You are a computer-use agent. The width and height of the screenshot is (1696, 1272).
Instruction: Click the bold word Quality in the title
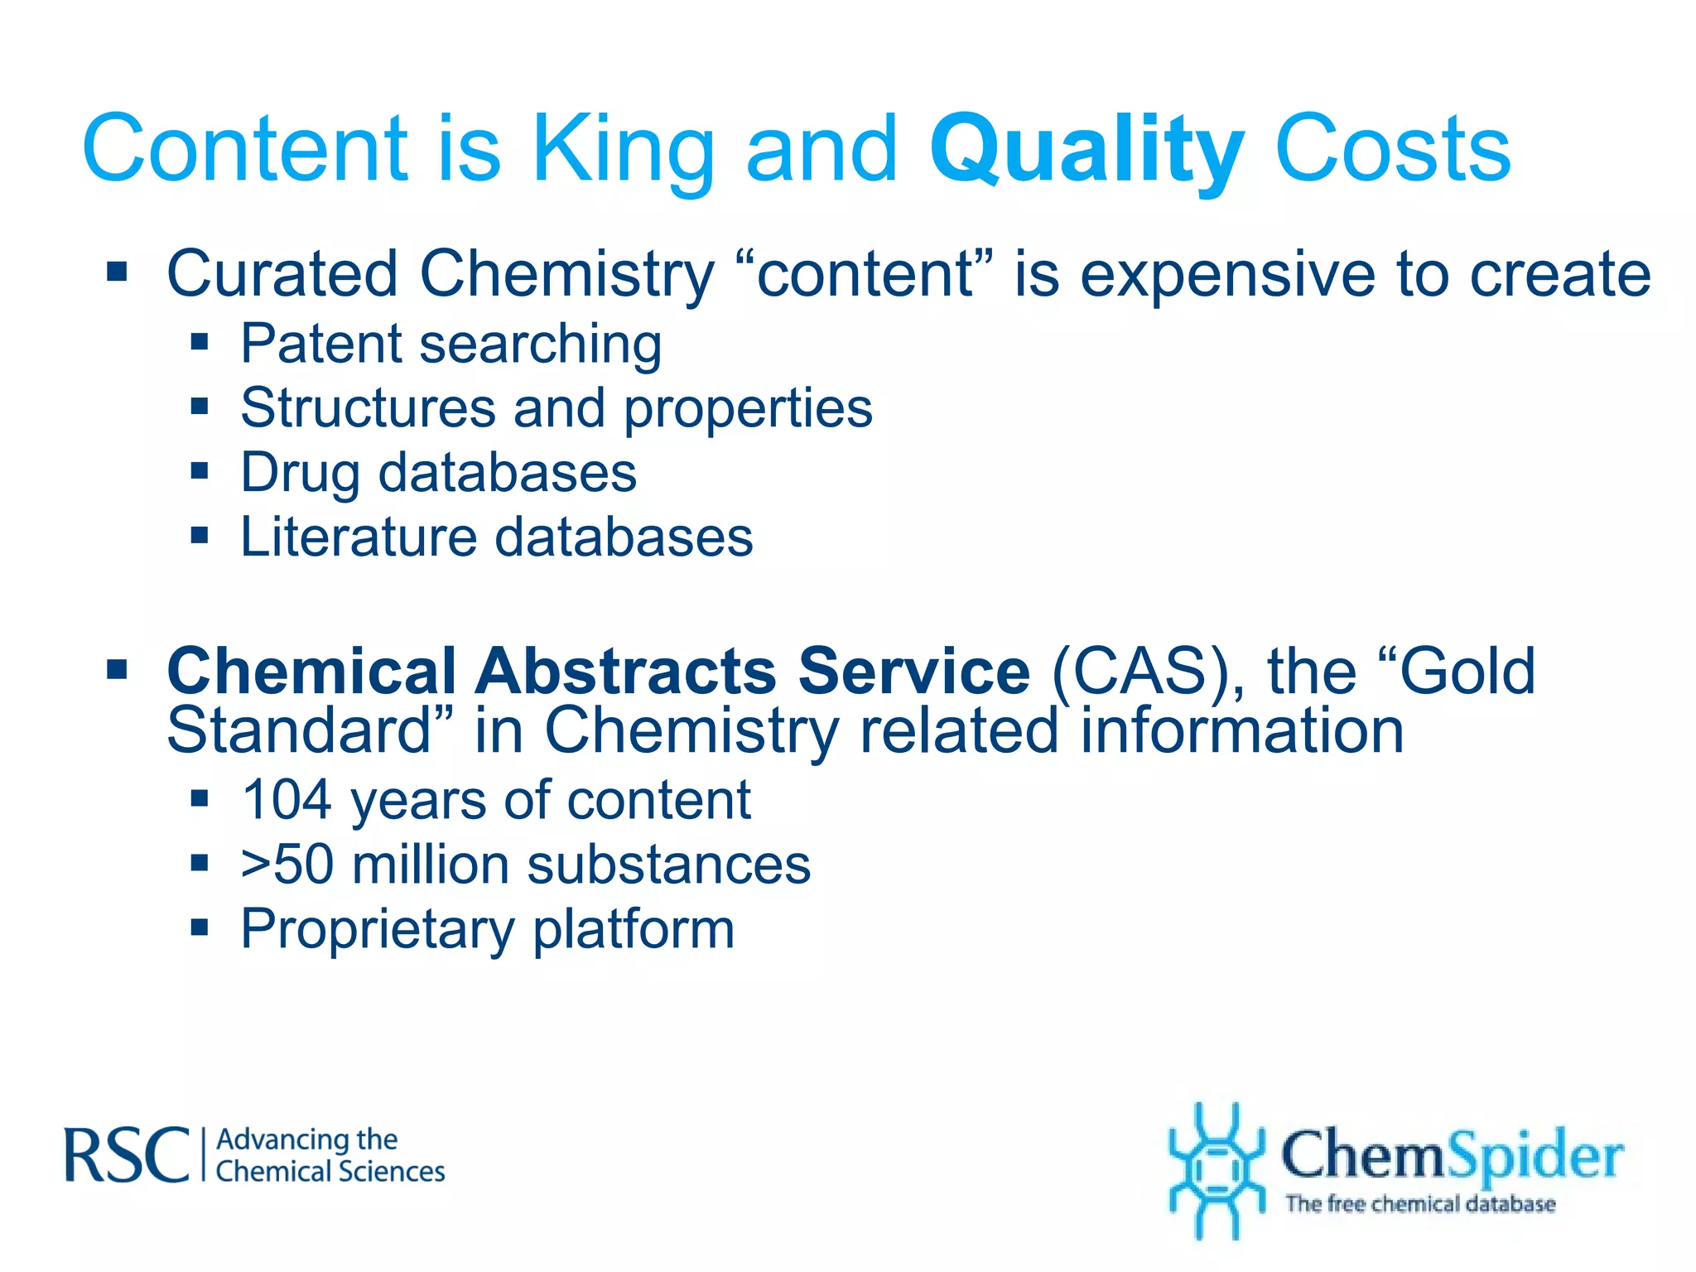coord(1086,151)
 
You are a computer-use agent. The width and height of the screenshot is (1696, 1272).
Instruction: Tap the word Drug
coord(300,474)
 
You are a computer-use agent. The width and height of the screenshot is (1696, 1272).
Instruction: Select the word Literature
coord(358,537)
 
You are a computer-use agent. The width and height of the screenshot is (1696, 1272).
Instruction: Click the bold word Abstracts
coord(625,671)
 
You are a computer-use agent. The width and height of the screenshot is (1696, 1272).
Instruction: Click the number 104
coord(287,801)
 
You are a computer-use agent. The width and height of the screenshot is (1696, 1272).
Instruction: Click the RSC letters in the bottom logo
coord(127,1155)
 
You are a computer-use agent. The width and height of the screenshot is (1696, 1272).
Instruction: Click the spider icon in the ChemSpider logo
coord(1215,1170)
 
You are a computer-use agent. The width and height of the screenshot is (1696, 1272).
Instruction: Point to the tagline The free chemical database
coord(1419,1204)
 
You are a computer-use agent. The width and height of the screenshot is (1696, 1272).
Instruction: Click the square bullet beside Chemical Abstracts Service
coord(117,668)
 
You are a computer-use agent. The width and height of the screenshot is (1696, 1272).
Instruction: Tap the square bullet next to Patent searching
coord(200,342)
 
